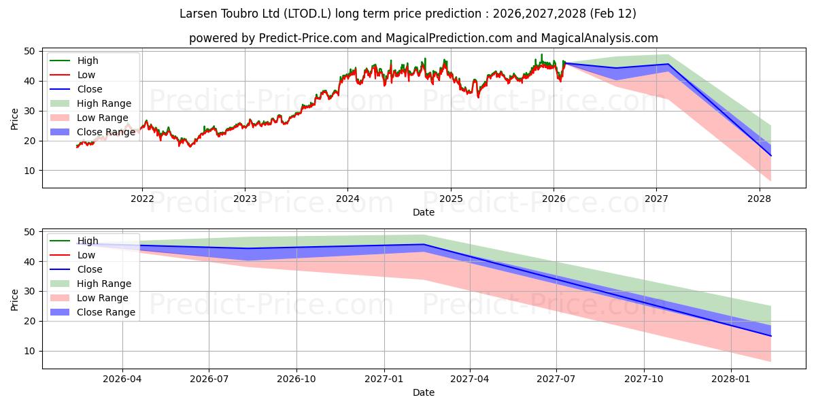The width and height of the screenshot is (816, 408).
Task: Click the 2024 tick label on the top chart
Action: (347, 199)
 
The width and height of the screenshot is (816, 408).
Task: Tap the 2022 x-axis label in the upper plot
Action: (142, 199)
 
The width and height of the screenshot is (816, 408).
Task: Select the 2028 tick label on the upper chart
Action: (759, 199)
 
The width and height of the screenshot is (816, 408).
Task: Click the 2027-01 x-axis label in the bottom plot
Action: (385, 379)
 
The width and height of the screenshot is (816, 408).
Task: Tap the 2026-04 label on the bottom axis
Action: (122, 379)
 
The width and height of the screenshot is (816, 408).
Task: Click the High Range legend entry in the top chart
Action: (104, 103)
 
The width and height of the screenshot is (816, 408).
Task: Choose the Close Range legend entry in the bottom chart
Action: (106, 312)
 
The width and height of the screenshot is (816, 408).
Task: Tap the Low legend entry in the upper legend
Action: (86, 75)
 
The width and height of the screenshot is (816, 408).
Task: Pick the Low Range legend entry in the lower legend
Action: (103, 298)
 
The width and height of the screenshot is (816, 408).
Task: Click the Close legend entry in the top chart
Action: (90, 89)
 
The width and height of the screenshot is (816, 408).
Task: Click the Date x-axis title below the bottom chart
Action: (423, 392)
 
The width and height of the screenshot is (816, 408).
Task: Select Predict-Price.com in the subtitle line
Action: (308, 39)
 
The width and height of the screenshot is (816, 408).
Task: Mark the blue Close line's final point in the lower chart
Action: (770, 336)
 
